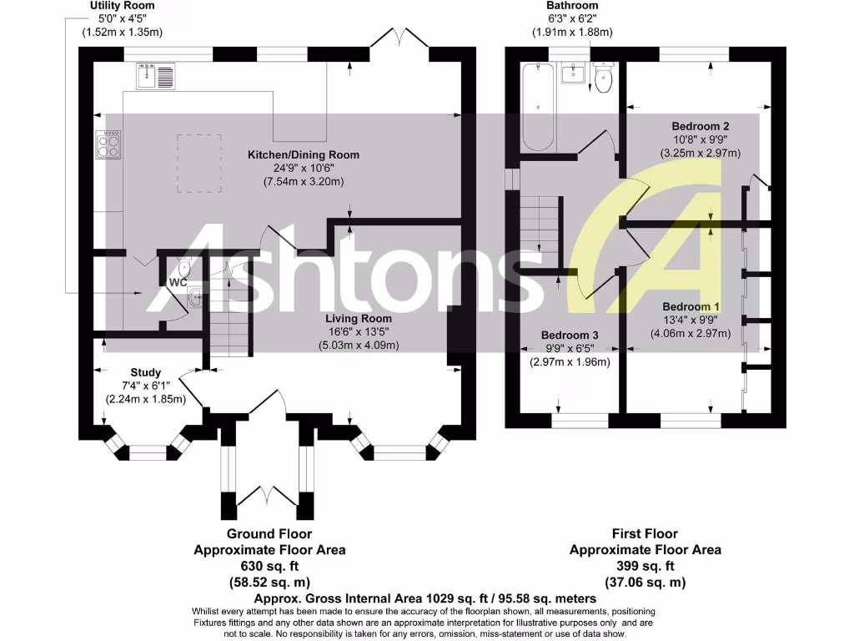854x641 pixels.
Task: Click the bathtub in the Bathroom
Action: click(539, 107)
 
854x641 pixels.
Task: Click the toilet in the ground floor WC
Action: click(183, 268)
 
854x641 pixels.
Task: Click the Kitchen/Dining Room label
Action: click(304, 154)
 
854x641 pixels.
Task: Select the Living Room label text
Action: click(358, 318)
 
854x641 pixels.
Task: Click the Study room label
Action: click(145, 372)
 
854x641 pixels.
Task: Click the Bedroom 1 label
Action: click(691, 305)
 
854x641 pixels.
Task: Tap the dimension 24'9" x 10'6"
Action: click(304, 168)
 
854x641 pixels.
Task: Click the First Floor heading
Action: click(645, 533)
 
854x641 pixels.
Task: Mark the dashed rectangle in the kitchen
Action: click(198, 163)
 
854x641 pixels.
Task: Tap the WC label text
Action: click(178, 283)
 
